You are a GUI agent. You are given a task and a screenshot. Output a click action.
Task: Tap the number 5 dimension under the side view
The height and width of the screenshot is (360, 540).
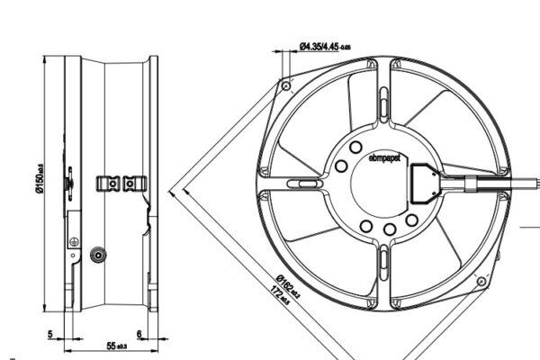click(51, 334)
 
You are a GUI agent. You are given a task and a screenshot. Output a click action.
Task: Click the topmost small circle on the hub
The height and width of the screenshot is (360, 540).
click(355, 147)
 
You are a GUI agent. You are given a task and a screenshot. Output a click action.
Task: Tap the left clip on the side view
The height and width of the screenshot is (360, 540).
click(108, 184)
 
